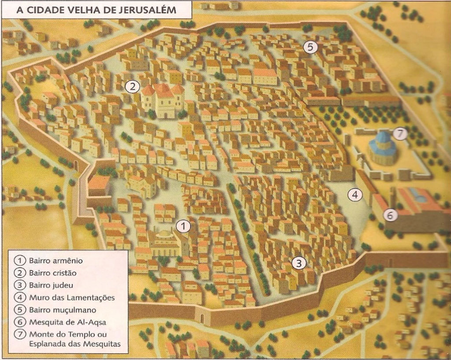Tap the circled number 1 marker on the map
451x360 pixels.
coord(183,226)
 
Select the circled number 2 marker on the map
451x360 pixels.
coord(132,87)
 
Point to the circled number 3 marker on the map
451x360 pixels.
coord(299,263)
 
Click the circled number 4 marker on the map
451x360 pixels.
coord(355,194)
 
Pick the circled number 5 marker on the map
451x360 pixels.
coord(311,47)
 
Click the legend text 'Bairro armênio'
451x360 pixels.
coord(55,261)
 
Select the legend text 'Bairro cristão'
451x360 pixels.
coord(52,273)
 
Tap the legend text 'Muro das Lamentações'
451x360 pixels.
coord(72,298)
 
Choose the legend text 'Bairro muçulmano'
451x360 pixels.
coord(62,310)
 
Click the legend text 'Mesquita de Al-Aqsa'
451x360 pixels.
coord(67,322)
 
